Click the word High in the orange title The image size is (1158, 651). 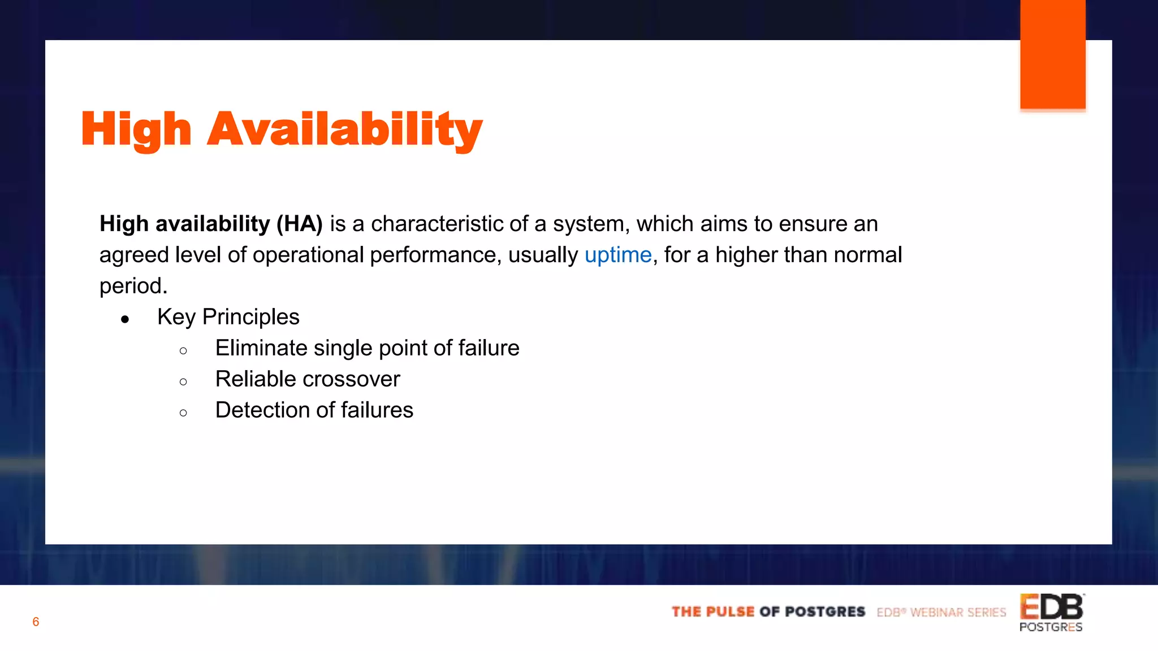pos(136,129)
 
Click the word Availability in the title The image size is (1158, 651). pos(345,129)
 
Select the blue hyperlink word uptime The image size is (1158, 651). pos(617,255)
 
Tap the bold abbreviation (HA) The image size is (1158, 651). pos(299,224)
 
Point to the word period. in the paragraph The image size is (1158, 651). pos(133,286)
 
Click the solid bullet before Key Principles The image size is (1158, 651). pos(125,319)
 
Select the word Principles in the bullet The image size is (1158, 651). pos(250,317)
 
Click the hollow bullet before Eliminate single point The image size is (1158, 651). pos(183,351)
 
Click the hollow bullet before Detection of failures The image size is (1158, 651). pos(183,413)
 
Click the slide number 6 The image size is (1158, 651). pos(36,622)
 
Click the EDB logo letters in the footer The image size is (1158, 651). pos(1051,607)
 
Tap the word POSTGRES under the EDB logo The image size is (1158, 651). pos(1051,627)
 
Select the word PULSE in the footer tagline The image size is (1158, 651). pos(730,612)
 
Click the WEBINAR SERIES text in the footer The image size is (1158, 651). pos(958,613)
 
